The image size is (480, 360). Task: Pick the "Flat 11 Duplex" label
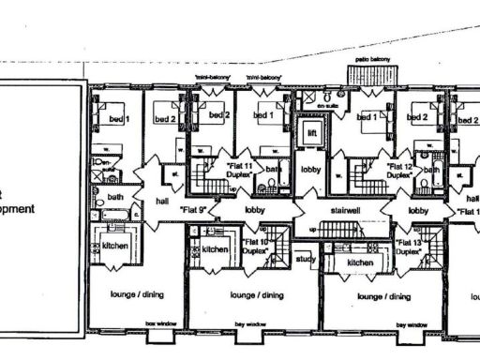[x=244, y=168]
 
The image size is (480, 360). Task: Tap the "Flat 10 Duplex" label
[x=256, y=247]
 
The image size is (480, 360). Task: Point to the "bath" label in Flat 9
[x=115, y=197]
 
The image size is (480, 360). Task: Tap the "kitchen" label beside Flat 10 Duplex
[x=216, y=250]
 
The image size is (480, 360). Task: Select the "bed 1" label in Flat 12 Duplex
[x=367, y=117]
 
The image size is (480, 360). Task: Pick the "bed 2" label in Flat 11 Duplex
[x=218, y=116]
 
